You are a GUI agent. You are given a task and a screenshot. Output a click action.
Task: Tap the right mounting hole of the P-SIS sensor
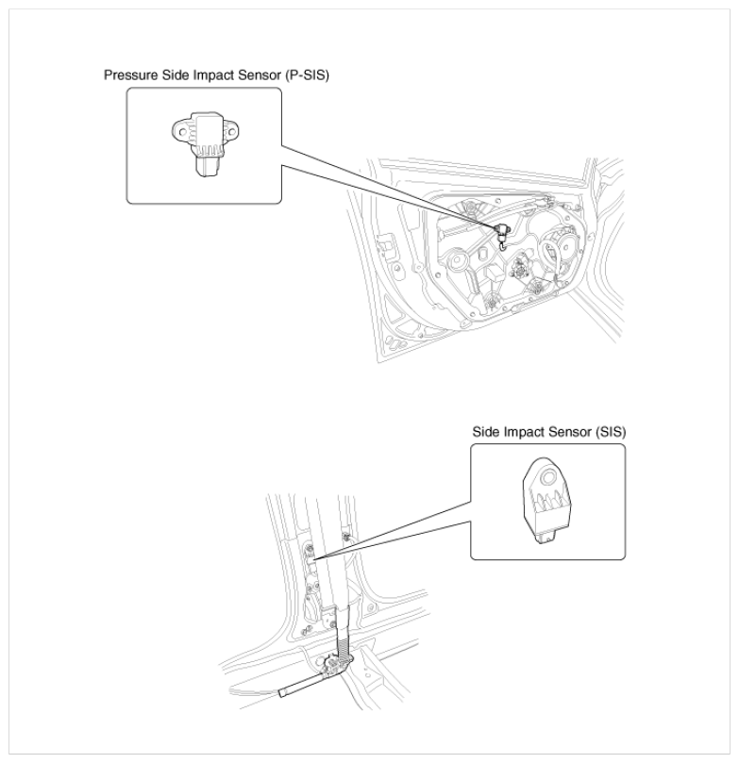click(x=230, y=131)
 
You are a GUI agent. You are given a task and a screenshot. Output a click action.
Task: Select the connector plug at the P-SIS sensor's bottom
click(x=207, y=166)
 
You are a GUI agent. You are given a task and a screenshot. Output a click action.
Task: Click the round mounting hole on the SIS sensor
click(x=548, y=476)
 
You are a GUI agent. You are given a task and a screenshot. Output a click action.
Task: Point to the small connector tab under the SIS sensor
click(x=546, y=538)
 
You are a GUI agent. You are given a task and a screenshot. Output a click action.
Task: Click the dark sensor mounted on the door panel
click(x=501, y=233)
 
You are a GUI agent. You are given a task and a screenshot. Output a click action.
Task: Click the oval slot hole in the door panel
click(x=483, y=254)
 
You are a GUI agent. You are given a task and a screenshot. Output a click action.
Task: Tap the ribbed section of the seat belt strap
click(x=344, y=648)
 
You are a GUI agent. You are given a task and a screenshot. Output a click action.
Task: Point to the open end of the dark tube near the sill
click(x=282, y=693)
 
